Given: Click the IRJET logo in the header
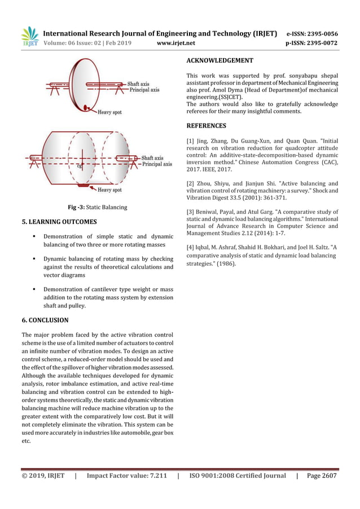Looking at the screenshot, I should [x=29, y=37].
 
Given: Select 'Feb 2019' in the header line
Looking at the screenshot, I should [x=121, y=42].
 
